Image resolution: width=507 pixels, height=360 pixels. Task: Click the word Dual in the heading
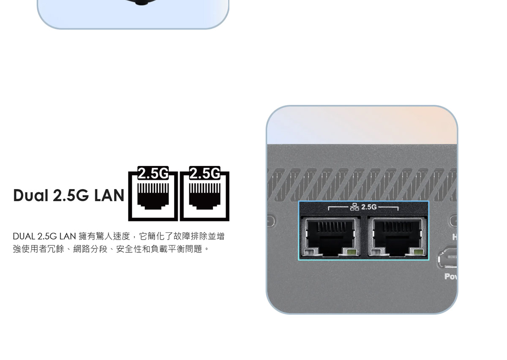coord(31,195)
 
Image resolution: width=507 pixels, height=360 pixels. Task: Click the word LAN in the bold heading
coord(109,195)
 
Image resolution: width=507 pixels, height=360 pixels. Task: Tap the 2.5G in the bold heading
coord(71,195)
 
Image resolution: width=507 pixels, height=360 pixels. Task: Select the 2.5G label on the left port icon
coord(153,173)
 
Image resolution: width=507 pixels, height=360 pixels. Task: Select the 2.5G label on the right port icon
coord(204,173)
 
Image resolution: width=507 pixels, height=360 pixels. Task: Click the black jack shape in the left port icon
coord(153,196)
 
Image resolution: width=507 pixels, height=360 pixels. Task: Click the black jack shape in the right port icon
coord(204,196)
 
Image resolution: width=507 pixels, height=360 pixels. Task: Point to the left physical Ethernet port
coord(331,237)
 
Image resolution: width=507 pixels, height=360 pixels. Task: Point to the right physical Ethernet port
coord(398,237)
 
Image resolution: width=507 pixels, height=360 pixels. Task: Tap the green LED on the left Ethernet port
coord(350,252)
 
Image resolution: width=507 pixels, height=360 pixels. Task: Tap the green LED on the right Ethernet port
coord(417,252)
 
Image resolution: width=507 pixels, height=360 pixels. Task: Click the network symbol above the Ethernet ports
coord(354,207)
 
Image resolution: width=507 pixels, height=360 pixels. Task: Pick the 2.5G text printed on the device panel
coord(369,207)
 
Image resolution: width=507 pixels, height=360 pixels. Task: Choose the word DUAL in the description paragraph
coord(24,236)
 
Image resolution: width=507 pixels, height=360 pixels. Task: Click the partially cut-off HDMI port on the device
coord(447,257)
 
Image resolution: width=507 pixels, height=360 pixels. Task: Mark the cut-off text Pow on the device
coord(450,277)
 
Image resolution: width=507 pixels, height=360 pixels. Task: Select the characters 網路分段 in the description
coord(90,249)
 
